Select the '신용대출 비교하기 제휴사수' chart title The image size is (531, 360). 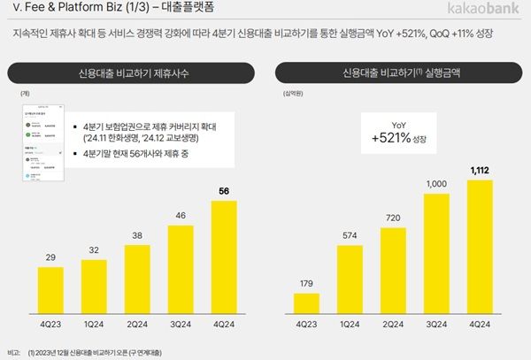coord(135,72)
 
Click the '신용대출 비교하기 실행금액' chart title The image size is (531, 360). coord(404,72)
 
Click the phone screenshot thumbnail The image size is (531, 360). coord(45,146)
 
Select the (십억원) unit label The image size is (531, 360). coord(294,93)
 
